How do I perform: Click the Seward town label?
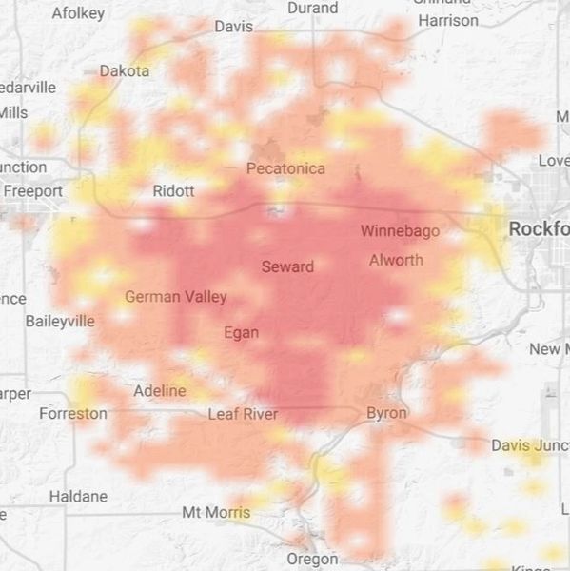tap(287, 266)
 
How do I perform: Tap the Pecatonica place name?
tap(285, 168)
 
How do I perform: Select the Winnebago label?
tap(399, 230)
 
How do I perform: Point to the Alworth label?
tap(396, 260)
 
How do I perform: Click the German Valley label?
tap(176, 297)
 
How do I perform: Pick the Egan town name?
tap(241, 332)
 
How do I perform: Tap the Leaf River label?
tap(243, 414)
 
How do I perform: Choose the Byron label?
tap(386, 413)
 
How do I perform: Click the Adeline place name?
tap(160, 391)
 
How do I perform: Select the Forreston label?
tap(73, 414)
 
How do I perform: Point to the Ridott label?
tap(173, 191)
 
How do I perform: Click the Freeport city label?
tap(33, 191)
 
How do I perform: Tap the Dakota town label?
tap(125, 70)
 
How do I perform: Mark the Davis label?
tap(234, 27)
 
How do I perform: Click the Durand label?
tap(312, 8)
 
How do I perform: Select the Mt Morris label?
tap(216, 513)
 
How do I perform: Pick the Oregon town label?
tap(312, 559)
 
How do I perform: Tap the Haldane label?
tap(78, 496)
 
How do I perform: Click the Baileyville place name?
tap(60, 321)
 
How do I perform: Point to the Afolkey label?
tap(78, 13)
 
